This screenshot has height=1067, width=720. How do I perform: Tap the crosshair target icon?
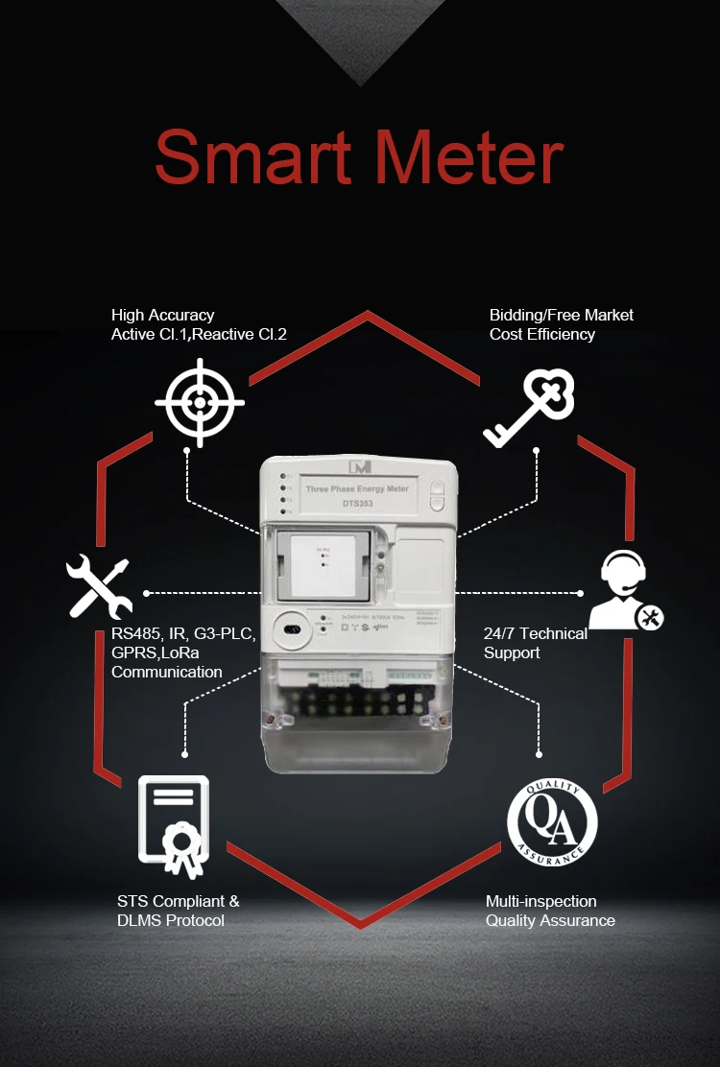pos(200,402)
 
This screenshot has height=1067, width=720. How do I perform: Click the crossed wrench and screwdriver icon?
pos(99,585)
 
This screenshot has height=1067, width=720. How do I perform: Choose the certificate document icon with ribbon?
pos(174,824)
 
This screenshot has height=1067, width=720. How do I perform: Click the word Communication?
pos(167,672)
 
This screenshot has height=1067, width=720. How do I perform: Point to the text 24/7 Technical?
pos(536,633)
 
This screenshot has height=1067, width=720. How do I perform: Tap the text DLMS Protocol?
pos(171,920)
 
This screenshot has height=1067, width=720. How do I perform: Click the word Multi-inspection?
pos(541,901)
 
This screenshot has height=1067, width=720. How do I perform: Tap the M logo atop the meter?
pos(360,467)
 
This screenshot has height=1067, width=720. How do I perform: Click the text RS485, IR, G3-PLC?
pos(177,633)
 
